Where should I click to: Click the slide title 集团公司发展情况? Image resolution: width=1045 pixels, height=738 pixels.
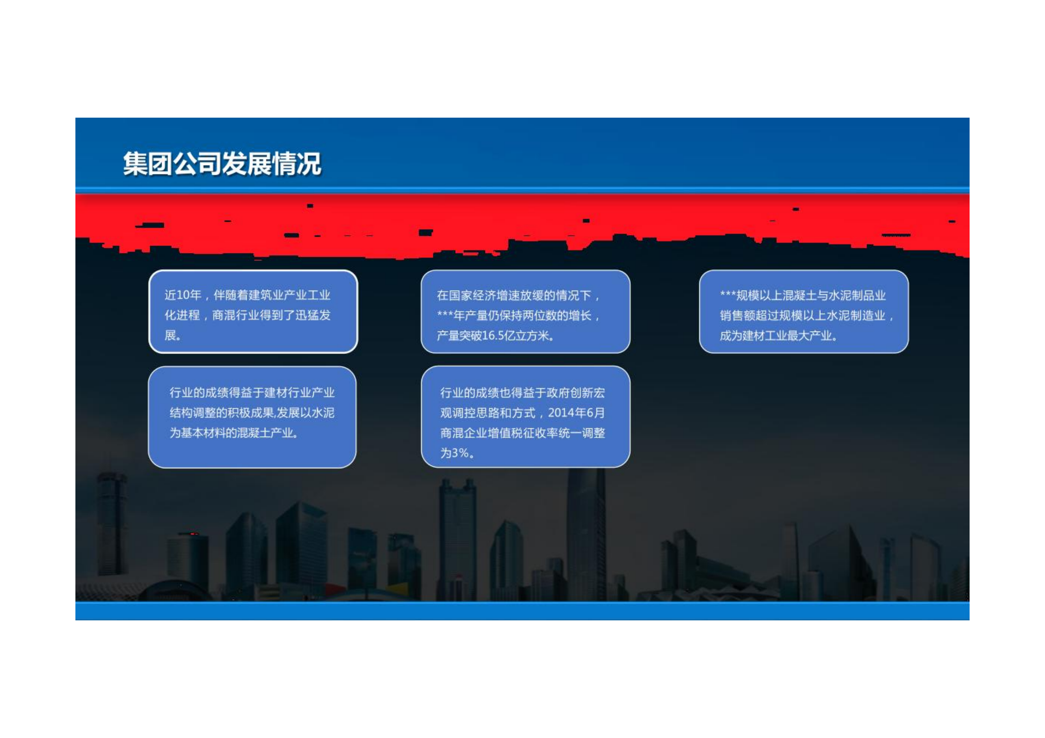click(222, 164)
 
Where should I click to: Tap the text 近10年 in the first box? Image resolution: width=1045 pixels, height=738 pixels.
click(183, 295)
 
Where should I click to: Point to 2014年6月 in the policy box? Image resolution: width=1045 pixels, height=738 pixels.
click(576, 412)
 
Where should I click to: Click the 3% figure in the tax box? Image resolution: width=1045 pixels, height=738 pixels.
click(460, 452)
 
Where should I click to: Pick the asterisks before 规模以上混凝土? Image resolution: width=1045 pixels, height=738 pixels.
click(728, 294)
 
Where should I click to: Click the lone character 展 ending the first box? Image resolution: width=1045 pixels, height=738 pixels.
click(170, 335)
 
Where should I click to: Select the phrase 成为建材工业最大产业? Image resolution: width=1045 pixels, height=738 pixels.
click(776, 335)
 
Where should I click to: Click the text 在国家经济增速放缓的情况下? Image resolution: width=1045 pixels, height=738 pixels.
click(514, 295)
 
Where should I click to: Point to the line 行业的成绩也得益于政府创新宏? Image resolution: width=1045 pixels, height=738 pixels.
click(522, 392)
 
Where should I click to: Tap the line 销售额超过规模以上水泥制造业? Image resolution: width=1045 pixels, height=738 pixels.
click(802, 315)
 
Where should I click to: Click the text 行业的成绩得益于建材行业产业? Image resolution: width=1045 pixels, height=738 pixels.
click(252, 392)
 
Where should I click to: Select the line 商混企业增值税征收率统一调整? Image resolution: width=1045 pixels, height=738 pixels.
click(522, 432)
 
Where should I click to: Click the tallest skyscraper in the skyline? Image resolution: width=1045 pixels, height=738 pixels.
click(586, 535)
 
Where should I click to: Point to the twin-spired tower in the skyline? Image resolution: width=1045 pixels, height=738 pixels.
click(457, 539)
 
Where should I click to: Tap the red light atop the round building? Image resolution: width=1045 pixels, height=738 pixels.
click(194, 534)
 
